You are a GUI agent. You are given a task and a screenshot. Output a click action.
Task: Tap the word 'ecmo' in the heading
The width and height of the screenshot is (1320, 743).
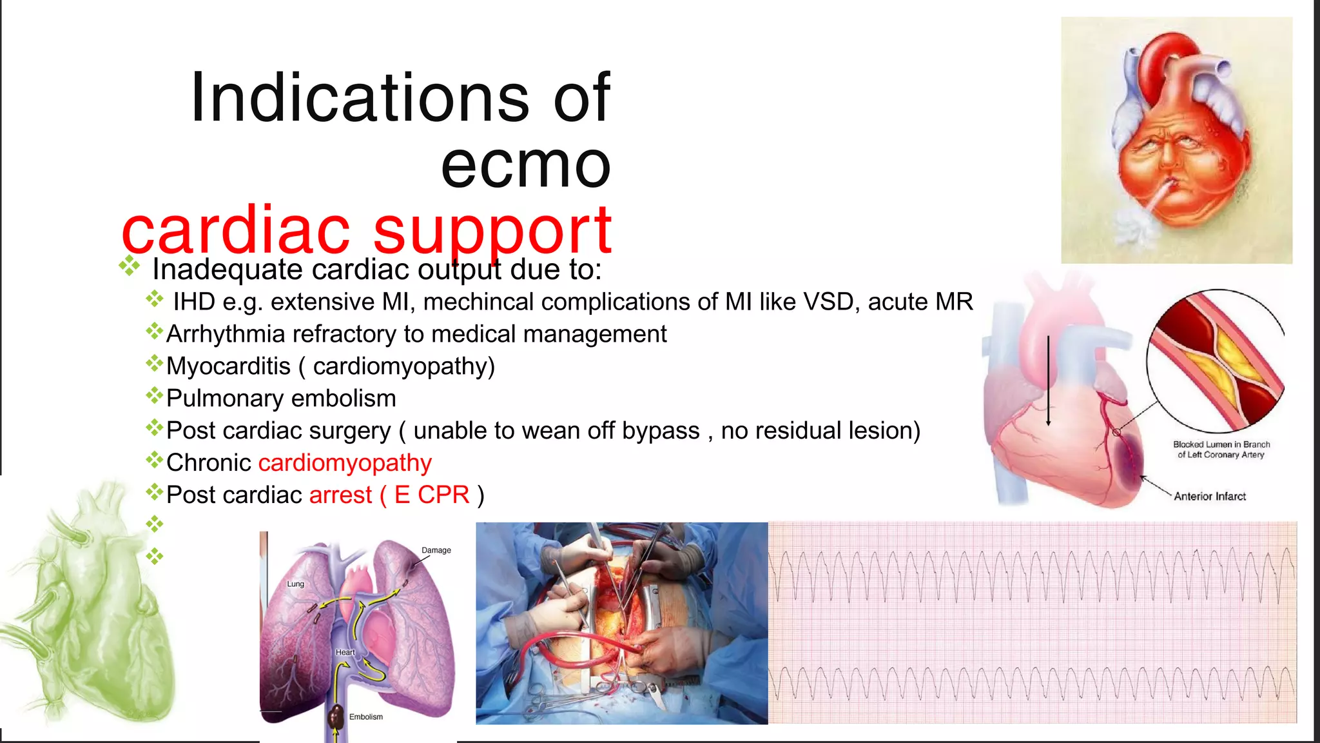(525, 165)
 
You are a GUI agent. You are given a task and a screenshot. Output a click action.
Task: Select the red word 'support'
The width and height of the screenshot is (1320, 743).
(492, 231)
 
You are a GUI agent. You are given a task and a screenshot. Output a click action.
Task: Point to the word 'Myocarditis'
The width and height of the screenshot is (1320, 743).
(228, 366)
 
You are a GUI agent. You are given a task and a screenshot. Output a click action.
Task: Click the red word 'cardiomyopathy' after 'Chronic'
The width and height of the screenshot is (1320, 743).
(345, 463)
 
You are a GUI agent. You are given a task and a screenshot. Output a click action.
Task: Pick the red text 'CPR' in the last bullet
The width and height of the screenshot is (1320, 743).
(443, 495)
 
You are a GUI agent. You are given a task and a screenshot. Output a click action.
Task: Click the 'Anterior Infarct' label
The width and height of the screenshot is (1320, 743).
(1209, 496)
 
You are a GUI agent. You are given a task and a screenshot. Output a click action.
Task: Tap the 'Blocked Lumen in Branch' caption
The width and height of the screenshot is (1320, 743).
(1221, 444)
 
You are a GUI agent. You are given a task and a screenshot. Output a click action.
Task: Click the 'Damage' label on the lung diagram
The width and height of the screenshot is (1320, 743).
(436, 550)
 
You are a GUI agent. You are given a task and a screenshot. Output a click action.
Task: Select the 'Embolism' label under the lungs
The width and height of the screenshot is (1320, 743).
(365, 717)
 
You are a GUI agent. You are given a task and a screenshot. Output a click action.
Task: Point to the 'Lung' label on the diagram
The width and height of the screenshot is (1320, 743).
(295, 584)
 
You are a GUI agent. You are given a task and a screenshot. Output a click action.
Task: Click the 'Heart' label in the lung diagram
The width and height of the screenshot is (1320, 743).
(345, 652)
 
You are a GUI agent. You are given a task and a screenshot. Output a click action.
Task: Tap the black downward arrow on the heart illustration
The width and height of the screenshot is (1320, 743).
(1049, 381)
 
